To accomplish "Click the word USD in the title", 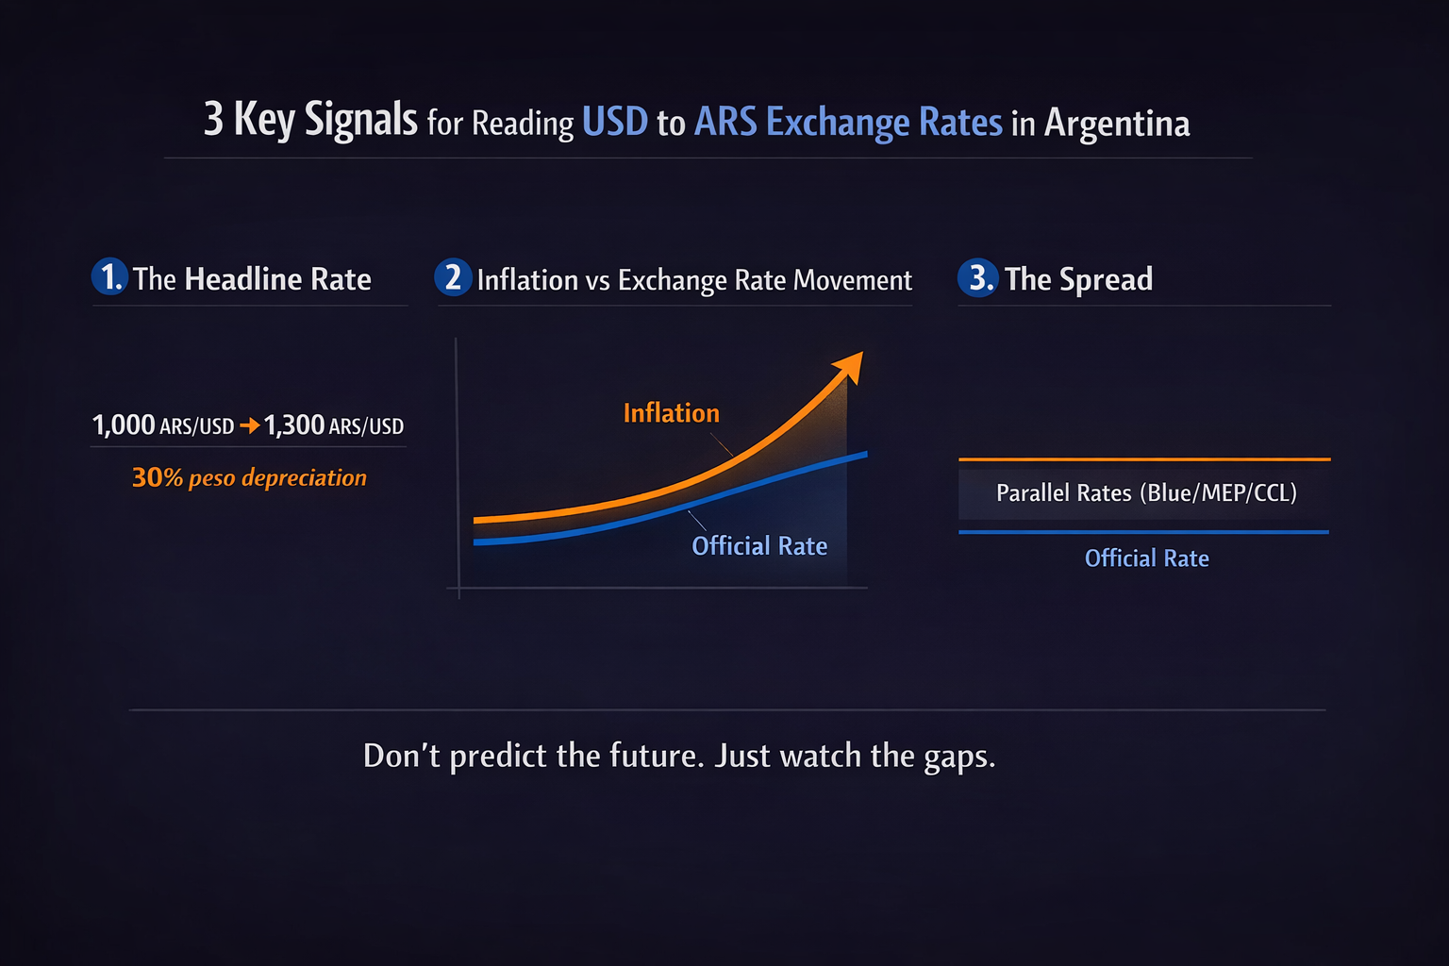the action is (614, 121).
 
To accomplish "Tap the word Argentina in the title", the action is (1117, 124).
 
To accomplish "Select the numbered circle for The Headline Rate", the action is (109, 277).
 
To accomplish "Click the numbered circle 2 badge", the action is (453, 277).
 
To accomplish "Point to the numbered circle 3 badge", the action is (977, 277).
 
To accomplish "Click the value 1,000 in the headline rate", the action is (124, 425).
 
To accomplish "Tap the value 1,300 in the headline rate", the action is (293, 425).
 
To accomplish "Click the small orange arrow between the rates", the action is (250, 425).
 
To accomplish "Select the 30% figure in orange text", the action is (158, 477).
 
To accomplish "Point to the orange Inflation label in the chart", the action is (672, 413).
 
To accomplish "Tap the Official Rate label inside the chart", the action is (759, 546).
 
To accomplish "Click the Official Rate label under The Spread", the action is (1147, 558).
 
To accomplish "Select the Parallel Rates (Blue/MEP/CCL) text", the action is (1146, 493).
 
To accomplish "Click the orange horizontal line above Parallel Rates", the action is (1144, 459).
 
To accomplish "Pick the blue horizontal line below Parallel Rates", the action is (1143, 532).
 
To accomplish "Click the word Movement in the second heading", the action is (853, 280).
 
